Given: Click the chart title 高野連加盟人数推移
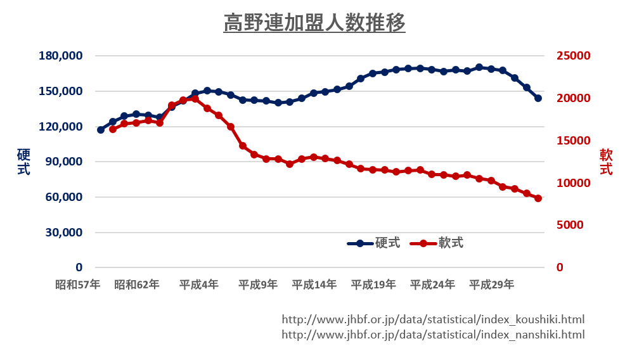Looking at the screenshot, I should [314, 23].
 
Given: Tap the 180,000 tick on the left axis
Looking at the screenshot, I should [61, 56].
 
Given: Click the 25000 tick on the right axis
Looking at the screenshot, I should [573, 56].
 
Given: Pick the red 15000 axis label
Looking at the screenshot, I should [573, 141].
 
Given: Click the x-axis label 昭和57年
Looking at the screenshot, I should [77, 285].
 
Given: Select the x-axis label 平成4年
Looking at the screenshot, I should [198, 285].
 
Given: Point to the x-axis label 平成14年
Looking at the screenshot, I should [314, 285].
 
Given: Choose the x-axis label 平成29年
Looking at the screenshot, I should [491, 285].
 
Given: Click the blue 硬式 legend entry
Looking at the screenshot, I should [374, 243].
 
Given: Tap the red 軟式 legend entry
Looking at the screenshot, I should [437, 243].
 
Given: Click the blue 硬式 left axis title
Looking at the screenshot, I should [23, 162].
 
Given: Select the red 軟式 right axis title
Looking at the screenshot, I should [606, 162].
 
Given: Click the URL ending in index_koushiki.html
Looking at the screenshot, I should [433, 319].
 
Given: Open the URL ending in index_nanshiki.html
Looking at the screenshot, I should [433, 335].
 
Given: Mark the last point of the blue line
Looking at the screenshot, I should [538, 98].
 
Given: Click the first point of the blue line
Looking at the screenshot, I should [101, 130].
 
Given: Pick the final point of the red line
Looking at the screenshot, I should [538, 198].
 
